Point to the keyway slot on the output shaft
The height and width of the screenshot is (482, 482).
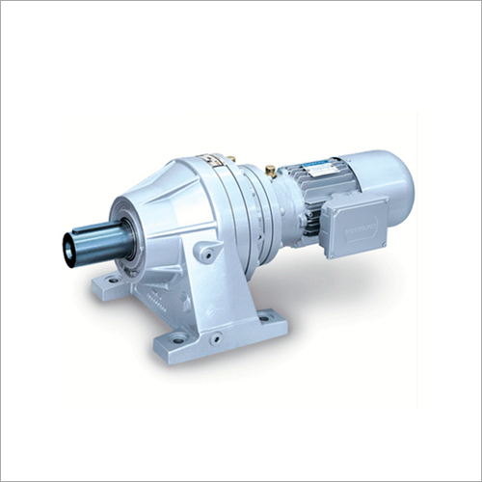(96, 231)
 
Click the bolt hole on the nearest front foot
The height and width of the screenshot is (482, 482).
(179, 337)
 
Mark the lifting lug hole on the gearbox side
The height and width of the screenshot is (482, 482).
(204, 254)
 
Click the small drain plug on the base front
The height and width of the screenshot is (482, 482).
(216, 337)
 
